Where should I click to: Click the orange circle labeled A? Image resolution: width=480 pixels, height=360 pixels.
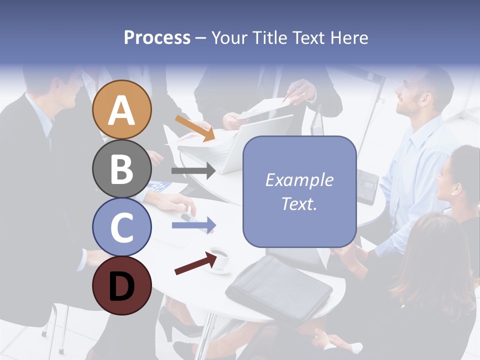pos(121,109)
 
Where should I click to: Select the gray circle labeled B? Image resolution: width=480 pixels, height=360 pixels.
pos(121,168)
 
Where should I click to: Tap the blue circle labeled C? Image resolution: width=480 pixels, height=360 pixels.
pos(121,227)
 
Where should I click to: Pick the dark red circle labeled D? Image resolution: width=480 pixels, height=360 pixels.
pos(121,285)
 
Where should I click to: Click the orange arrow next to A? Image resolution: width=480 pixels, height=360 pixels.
pos(195,128)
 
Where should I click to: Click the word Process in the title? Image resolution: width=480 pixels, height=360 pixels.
pos(157,38)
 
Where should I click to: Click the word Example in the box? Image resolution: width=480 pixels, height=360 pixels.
pos(299,180)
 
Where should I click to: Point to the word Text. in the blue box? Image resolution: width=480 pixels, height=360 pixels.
pos(299,203)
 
